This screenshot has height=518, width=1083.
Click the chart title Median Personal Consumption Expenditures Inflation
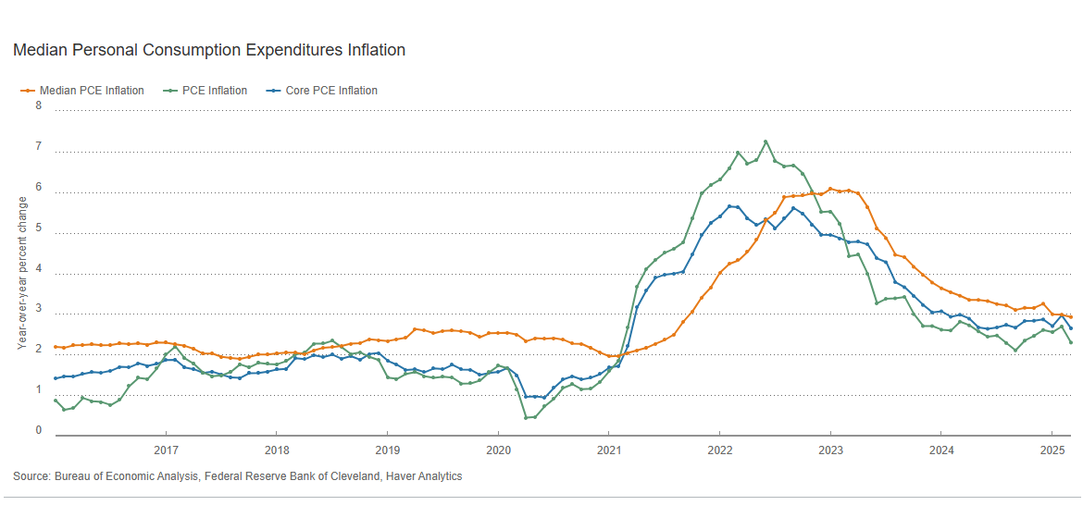point(209,50)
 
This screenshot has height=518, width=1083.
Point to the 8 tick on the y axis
point(39,105)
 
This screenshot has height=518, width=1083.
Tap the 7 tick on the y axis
point(39,146)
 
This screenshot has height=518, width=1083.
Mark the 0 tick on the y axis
point(39,430)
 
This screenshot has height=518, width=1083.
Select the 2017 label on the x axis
point(166,450)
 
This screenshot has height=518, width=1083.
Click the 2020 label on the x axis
point(498,450)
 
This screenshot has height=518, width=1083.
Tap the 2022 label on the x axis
point(719,450)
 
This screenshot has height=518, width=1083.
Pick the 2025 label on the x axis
point(1052,450)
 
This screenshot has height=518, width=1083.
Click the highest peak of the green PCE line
point(766,142)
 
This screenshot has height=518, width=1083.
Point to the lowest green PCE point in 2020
point(526,418)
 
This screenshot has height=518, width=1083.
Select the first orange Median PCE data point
point(56,347)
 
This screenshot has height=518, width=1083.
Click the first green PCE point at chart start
point(56,401)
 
